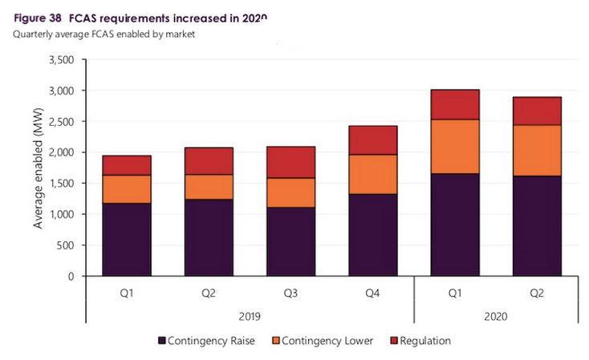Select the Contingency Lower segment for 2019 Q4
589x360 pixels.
coord(372,174)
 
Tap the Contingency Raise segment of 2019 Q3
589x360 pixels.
coord(290,241)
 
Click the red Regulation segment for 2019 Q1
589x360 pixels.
coord(127,165)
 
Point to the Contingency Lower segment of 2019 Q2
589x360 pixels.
coord(209,187)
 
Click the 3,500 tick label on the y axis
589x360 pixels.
coord(59,60)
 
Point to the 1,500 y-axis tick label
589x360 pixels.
coord(59,184)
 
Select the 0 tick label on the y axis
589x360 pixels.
coord(71,277)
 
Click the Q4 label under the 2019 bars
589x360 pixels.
coord(372,293)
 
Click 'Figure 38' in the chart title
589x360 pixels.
coord(41,18)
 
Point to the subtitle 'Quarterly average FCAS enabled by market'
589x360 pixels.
coord(103,34)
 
